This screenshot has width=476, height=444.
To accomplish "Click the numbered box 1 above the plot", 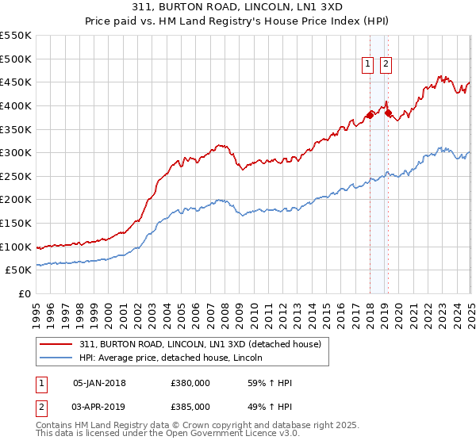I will (x=370, y=65).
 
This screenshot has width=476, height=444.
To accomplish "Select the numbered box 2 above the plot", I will (x=386, y=65).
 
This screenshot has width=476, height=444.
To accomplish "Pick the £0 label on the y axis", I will (x=25, y=293).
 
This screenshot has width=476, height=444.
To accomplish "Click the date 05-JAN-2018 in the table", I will (x=99, y=383).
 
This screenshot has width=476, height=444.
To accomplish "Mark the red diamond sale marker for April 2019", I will (x=388, y=113).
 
